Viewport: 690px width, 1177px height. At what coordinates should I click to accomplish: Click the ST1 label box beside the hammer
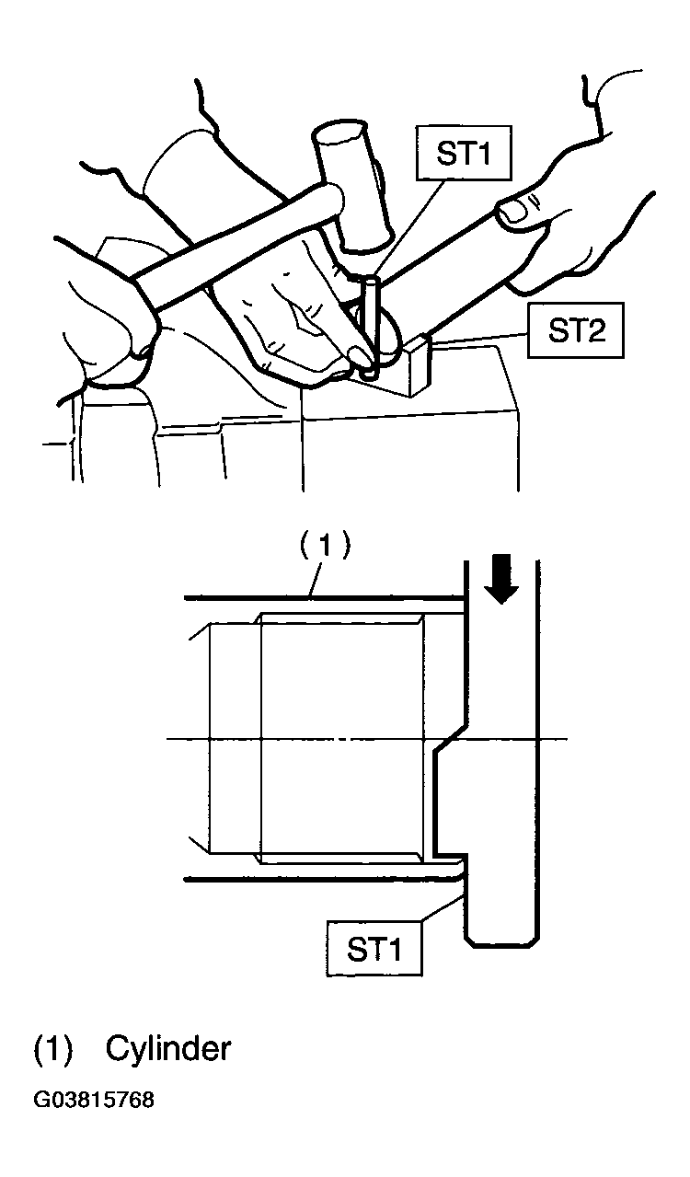point(464,153)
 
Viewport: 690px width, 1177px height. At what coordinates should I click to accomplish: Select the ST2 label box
point(576,330)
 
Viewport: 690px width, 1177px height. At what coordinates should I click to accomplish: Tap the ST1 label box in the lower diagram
point(374,949)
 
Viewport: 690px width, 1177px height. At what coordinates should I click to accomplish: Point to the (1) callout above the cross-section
point(325,547)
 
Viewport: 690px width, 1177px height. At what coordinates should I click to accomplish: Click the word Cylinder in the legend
point(168,1048)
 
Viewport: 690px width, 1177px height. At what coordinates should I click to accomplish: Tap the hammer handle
point(236,247)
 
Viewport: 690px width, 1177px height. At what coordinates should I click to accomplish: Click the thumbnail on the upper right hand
point(512,212)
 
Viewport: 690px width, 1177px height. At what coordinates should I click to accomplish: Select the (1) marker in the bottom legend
point(52,1049)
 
